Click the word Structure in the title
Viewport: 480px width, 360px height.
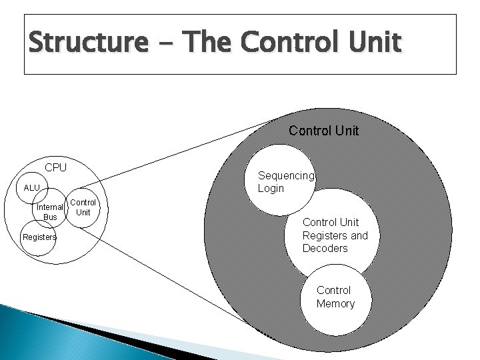[87, 43]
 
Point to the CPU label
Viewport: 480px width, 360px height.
[56, 167]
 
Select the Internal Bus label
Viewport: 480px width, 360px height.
[50, 212]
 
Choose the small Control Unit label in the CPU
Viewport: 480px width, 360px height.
[83, 207]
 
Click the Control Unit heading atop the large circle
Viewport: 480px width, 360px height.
[323, 131]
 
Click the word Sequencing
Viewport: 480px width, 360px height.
[285, 175]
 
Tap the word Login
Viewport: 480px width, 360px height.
[271, 189]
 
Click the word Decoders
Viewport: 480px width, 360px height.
[325, 249]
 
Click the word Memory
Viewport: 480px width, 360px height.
[335, 304]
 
